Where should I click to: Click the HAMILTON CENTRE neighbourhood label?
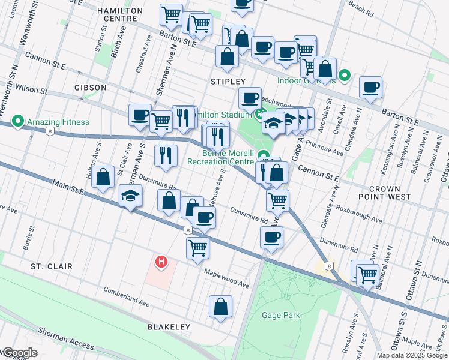[122, 15]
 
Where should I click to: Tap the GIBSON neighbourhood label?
[91, 88]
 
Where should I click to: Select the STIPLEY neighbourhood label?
[228, 81]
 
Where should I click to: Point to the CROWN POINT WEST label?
[390, 193]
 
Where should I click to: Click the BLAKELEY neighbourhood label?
[169, 327]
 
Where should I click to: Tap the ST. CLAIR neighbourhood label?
[52, 266]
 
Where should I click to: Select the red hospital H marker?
[161, 262]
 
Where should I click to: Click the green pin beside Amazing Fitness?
[18, 122]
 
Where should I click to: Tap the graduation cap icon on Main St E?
[130, 196]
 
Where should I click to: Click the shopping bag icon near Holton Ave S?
[103, 177]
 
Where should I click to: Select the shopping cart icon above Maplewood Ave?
[197, 247]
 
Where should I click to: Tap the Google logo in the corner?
[19, 353]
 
